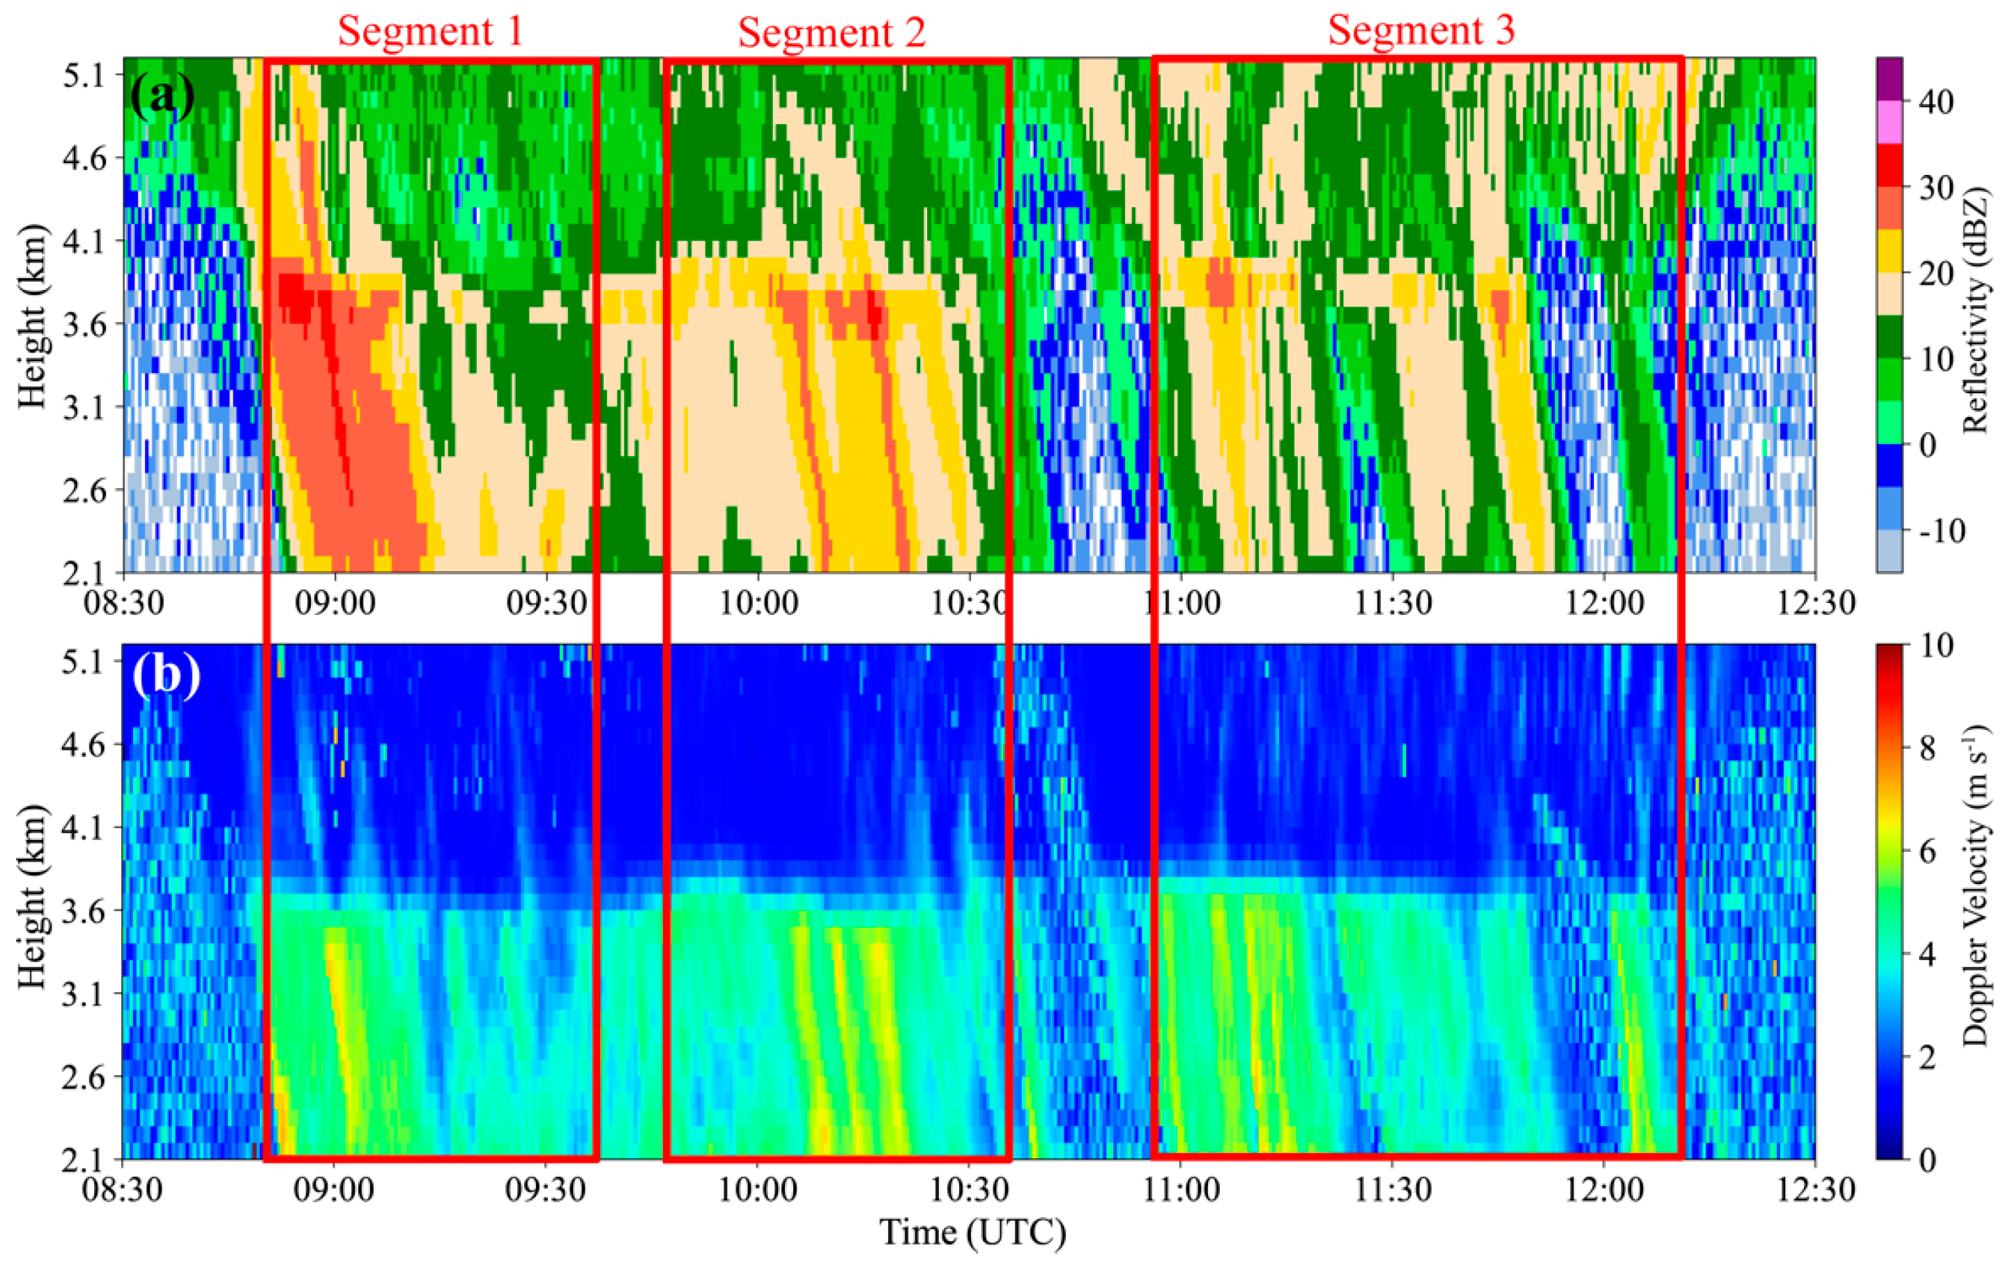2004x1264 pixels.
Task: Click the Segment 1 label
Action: pos(430,31)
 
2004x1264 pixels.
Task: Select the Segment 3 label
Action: pos(1421,31)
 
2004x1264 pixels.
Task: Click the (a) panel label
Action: pos(162,96)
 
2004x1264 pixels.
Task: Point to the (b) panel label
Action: pos(167,676)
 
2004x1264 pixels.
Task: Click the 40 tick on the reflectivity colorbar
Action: pos(1935,102)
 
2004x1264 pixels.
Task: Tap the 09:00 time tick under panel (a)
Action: pos(335,602)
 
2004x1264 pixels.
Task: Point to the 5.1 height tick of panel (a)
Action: pos(83,76)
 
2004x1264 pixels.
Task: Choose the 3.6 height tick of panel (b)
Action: pos(83,912)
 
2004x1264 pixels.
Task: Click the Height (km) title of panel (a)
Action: pos(31,317)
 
